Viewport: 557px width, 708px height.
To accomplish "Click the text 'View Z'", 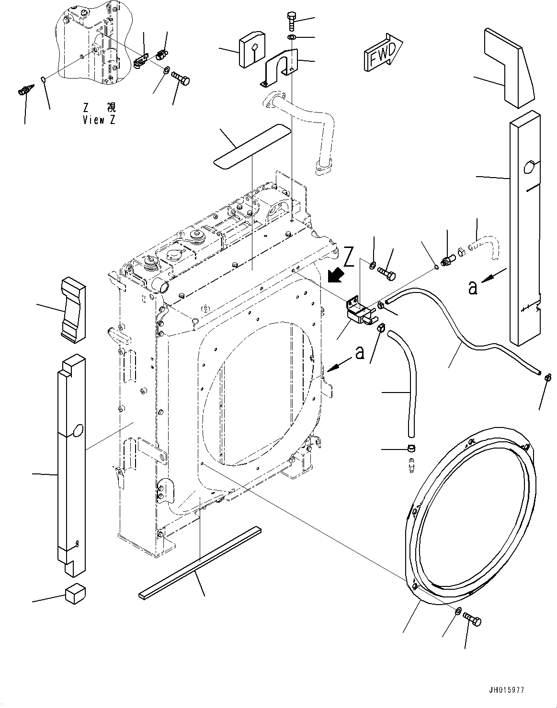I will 99,120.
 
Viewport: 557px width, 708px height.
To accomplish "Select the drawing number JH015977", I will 507,690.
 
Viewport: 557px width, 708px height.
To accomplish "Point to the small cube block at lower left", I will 73,595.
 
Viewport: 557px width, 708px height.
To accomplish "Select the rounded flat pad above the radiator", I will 252,146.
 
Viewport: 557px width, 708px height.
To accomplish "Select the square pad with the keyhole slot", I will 253,49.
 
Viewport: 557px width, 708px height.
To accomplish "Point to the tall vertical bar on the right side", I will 525,230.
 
